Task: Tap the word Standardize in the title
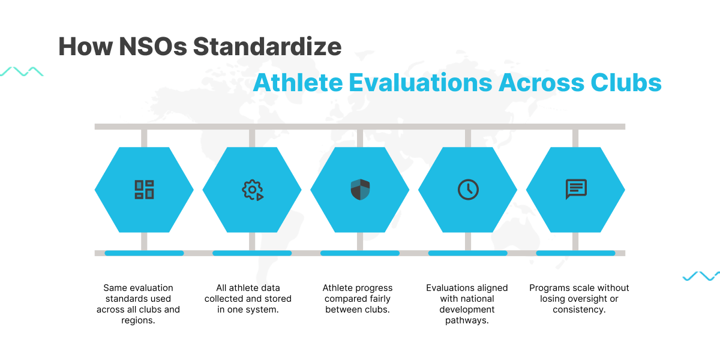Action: click(x=267, y=46)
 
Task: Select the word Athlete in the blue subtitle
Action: click(x=297, y=82)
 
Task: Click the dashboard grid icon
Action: click(x=144, y=190)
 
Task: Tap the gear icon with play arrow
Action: click(x=253, y=190)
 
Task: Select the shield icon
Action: click(x=360, y=190)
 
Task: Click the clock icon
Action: click(x=468, y=190)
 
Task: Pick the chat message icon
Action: click(x=576, y=190)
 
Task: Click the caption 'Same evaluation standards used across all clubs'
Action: click(x=138, y=304)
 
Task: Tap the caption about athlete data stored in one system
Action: click(x=248, y=299)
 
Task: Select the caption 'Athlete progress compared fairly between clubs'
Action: click(x=358, y=299)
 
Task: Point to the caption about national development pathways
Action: click(x=467, y=304)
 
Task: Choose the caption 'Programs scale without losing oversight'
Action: click(x=579, y=299)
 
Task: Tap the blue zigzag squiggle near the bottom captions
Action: click(x=701, y=276)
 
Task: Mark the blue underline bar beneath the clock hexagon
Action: click(x=467, y=253)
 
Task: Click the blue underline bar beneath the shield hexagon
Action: click(x=360, y=253)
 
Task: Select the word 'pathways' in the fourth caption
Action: click(x=467, y=320)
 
